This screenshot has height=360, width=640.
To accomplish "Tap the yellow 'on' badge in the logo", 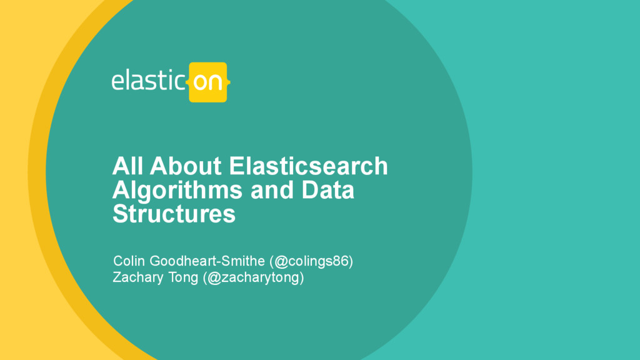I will click(207, 82).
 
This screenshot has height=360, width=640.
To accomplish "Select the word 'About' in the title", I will click(186, 166).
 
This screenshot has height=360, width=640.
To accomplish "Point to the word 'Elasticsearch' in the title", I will click(309, 166).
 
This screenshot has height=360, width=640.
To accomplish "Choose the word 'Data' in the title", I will click(328, 190).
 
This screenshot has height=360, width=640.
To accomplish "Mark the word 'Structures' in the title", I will click(174, 214).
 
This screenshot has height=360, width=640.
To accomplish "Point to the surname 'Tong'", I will click(183, 277).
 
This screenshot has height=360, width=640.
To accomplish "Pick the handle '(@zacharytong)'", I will click(253, 277).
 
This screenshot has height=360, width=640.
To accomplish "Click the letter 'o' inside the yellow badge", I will click(200, 82).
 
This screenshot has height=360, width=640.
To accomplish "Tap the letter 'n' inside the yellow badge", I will click(216, 82).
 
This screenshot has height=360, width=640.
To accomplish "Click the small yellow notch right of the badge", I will click(229, 82).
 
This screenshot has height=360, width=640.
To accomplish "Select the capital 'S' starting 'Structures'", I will click(119, 214).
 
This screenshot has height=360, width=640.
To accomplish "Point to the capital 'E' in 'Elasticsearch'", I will click(237, 166).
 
